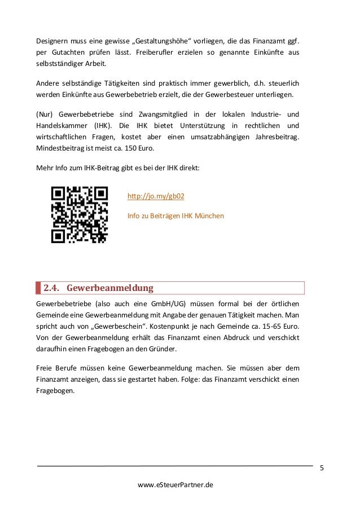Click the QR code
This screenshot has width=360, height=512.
pos(80,215)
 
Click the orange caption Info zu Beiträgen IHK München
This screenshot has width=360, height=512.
pos(175,216)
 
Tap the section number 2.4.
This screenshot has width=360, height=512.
pos(51,289)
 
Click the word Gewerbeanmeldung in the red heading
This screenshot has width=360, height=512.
pos(109,289)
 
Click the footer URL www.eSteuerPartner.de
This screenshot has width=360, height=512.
pos(175,484)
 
